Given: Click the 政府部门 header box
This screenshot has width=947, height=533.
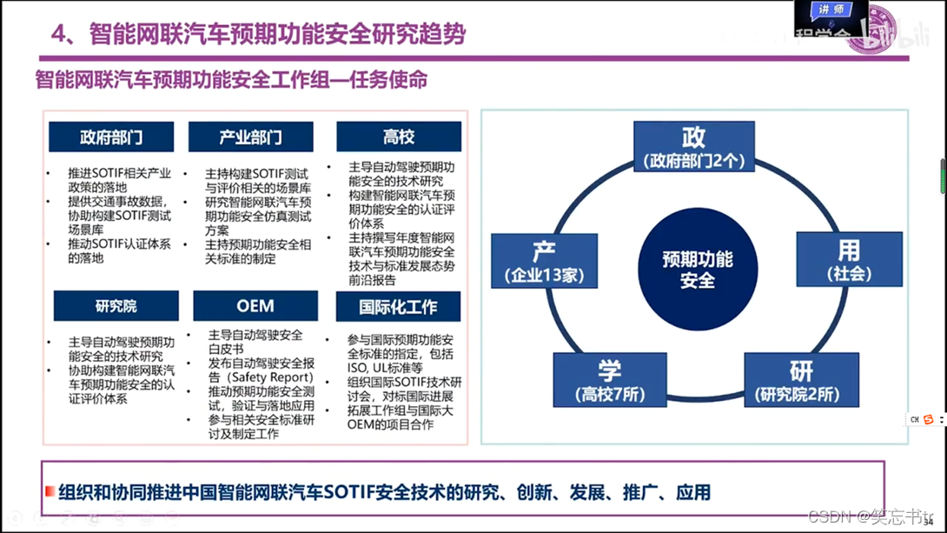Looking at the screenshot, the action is click(x=111, y=137).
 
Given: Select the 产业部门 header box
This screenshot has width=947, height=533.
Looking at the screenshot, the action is click(x=250, y=137).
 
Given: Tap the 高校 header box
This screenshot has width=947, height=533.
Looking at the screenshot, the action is click(x=399, y=137).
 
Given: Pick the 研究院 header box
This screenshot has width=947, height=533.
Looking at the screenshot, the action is click(x=116, y=306).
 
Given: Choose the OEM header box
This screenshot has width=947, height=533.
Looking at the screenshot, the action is click(x=255, y=306).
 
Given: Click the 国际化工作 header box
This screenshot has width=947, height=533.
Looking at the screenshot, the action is click(x=398, y=306).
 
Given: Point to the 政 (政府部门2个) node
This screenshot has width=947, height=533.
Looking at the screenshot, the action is click(x=693, y=147).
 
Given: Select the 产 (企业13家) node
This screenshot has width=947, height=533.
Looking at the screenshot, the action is click(x=544, y=262).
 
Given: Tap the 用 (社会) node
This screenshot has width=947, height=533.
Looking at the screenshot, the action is click(x=849, y=259).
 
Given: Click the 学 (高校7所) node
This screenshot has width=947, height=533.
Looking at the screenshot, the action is click(x=610, y=380).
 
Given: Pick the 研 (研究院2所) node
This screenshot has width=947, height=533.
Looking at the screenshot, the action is click(x=801, y=380).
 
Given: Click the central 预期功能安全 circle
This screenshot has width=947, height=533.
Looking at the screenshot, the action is click(x=698, y=269).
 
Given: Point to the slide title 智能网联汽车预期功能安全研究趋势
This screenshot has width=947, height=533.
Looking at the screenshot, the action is click(x=258, y=33).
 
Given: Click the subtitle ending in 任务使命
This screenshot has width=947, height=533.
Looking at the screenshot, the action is click(x=231, y=80).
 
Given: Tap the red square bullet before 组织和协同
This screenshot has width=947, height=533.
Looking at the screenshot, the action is click(x=50, y=492).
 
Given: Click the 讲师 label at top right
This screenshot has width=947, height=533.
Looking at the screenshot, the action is click(x=831, y=10).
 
